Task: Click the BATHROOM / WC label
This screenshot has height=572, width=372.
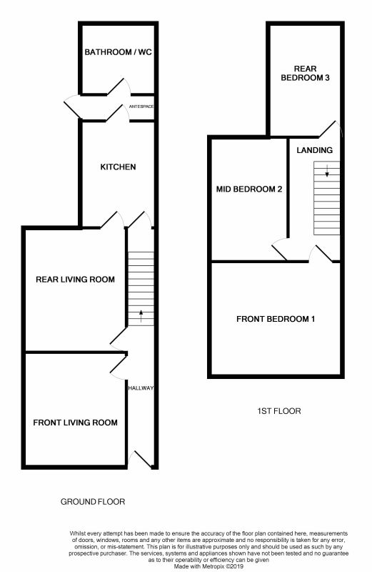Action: [x=118, y=52]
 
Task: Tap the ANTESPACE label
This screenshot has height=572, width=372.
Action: [x=141, y=107]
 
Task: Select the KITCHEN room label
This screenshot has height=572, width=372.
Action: [x=118, y=167]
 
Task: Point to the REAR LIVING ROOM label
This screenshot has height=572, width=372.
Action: [x=75, y=280]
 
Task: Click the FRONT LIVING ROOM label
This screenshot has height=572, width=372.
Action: [x=75, y=423]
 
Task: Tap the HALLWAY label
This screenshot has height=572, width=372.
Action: [x=141, y=388]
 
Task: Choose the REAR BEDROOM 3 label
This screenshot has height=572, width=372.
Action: [x=306, y=73]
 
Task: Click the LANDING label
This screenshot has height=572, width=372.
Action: [x=314, y=150]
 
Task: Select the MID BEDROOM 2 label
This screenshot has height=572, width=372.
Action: [x=249, y=189]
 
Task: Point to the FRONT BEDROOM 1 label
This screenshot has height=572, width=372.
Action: [x=276, y=319]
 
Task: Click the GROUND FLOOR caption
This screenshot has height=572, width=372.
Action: [x=93, y=502]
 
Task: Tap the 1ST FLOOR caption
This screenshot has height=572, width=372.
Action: [x=279, y=411]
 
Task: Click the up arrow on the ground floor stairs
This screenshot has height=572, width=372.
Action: [x=141, y=316]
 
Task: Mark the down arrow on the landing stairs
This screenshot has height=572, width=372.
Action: [x=327, y=171]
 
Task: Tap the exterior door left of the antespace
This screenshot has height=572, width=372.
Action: [x=73, y=106]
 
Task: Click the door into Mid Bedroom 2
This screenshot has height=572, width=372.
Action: [x=280, y=250]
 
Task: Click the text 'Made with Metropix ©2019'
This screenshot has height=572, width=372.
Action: [x=208, y=566]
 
